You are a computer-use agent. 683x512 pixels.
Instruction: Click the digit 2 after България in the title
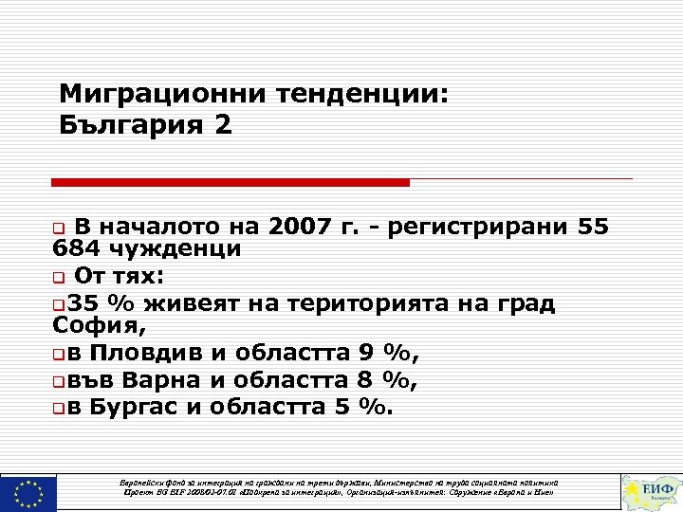pos(223,125)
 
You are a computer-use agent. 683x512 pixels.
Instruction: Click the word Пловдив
pos(145,355)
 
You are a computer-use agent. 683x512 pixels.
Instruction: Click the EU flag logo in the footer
pos(29,493)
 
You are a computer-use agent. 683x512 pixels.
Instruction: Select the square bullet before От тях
pos(59,278)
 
